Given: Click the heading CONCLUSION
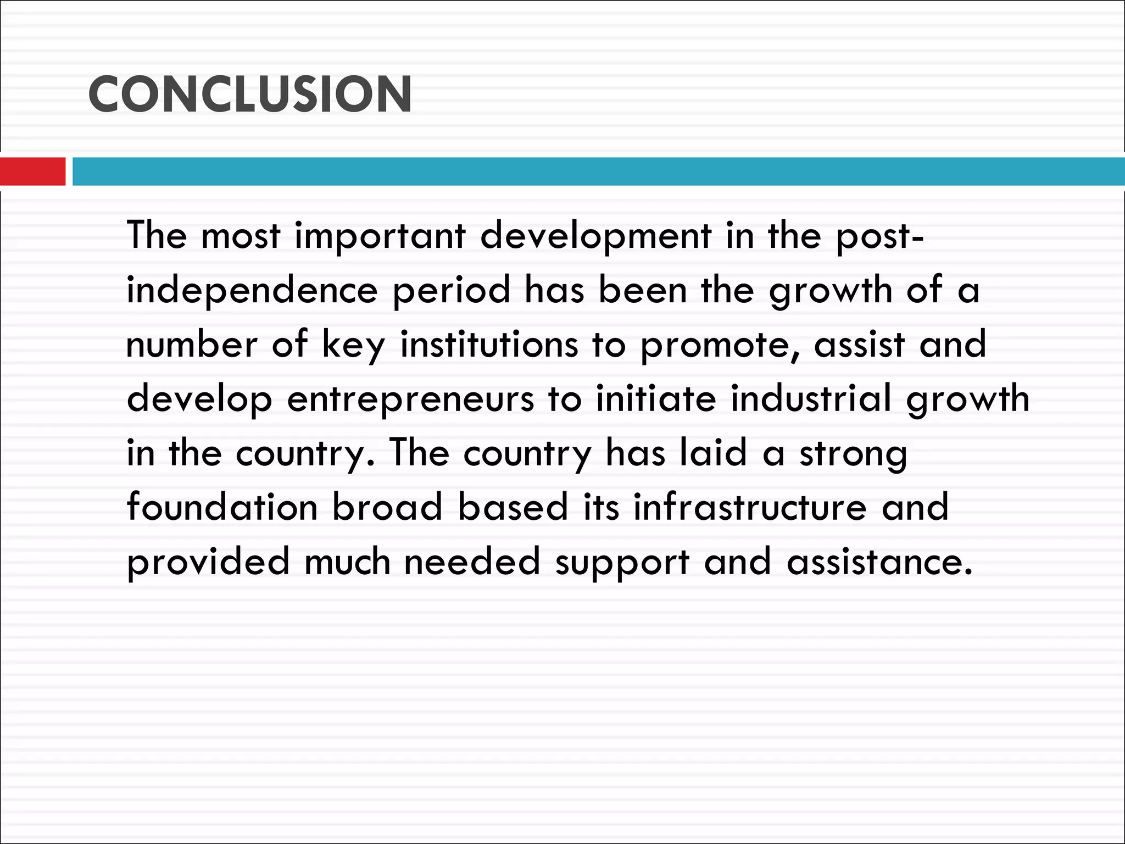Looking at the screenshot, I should tap(250, 95).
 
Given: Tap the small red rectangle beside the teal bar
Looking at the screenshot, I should tap(33, 171).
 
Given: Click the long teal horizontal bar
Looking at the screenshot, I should tap(598, 171).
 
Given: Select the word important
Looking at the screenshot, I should tap(380, 236).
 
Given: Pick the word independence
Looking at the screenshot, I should tap(252, 291).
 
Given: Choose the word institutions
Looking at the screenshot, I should tap(489, 345).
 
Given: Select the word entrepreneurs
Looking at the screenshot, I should tap(410, 400).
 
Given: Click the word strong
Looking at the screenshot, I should tap(853, 454).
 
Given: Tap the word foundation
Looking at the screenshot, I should tap(222, 507).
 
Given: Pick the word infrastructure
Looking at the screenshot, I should tap(750, 507).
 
